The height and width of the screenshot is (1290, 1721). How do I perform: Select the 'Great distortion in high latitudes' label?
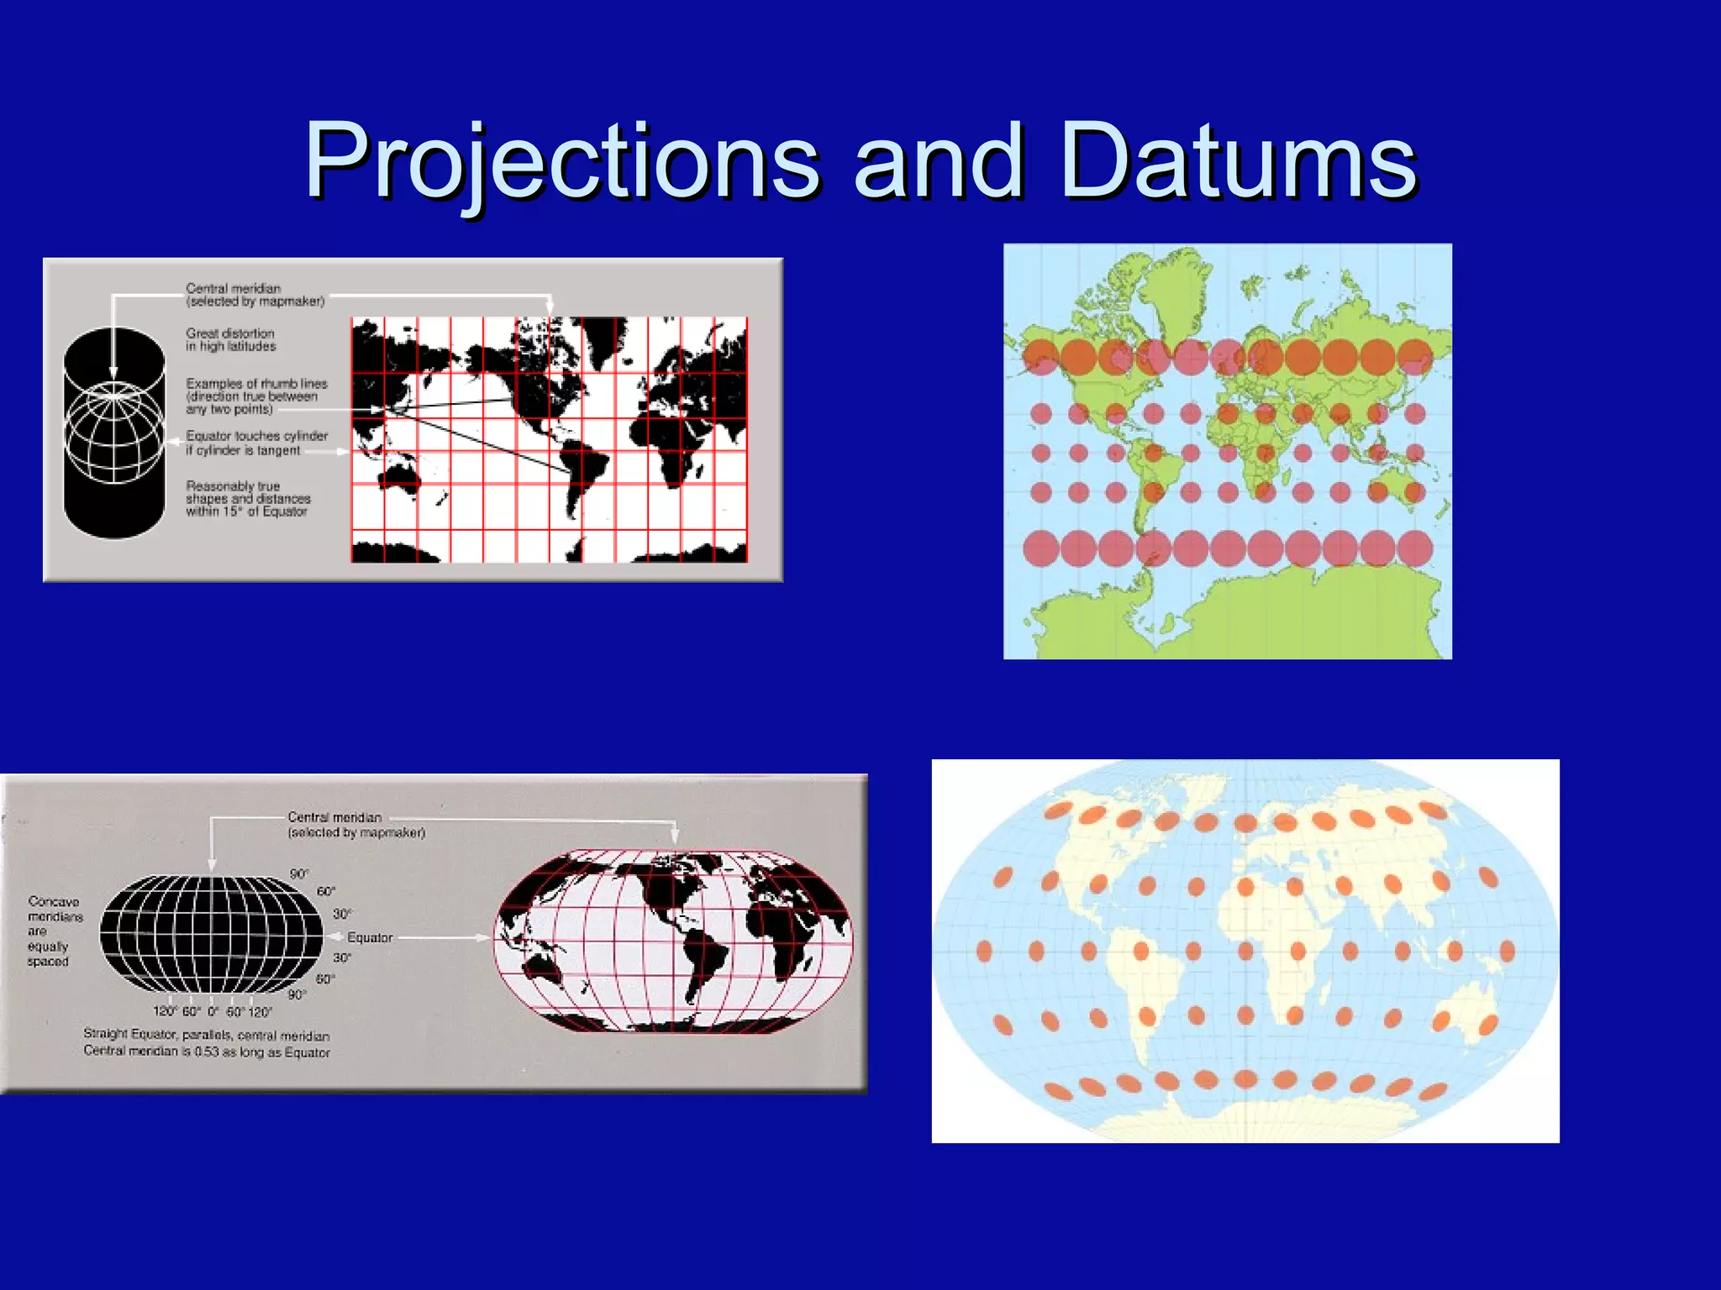(x=230, y=339)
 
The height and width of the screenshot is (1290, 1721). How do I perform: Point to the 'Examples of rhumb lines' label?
(x=255, y=396)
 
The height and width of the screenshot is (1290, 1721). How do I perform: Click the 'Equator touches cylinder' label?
(x=255, y=443)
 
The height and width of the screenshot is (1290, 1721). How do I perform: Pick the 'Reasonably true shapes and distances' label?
(x=248, y=498)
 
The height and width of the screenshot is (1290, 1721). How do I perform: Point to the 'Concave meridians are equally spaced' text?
(x=54, y=931)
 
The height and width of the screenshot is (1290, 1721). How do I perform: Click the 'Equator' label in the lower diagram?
(x=370, y=937)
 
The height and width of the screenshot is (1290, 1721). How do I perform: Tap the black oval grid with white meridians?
(x=211, y=934)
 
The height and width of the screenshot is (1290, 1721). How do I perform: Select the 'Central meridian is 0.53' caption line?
(x=206, y=1052)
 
